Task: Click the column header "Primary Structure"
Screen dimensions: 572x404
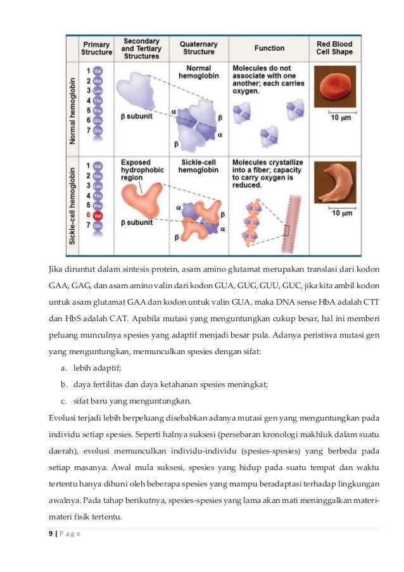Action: [96, 48]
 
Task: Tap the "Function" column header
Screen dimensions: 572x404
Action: [269, 48]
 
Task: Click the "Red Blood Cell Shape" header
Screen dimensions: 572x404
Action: [334, 48]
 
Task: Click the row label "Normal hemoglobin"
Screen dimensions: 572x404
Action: [73, 105]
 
